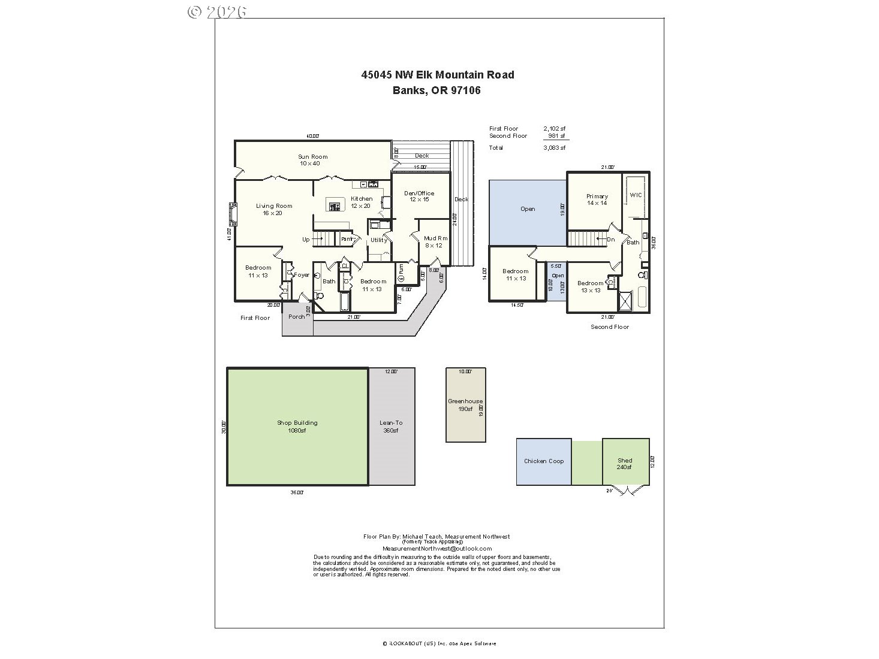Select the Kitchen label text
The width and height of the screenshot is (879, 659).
pyautogui.click(x=362, y=199)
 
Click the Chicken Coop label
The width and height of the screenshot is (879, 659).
pyautogui.click(x=544, y=461)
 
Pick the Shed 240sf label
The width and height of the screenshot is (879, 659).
pyautogui.click(x=625, y=464)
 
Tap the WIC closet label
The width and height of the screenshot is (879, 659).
pyautogui.click(x=636, y=195)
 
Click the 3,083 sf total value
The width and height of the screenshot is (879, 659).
pyautogui.click(x=554, y=147)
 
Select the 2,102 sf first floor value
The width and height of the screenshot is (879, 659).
pyautogui.click(x=554, y=129)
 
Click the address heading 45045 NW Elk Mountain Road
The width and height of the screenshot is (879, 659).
pyautogui.click(x=437, y=75)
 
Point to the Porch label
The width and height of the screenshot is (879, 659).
pyautogui.click(x=296, y=316)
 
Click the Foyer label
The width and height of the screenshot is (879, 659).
pyautogui.click(x=302, y=275)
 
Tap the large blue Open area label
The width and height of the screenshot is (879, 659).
pyautogui.click(x=528, y=209)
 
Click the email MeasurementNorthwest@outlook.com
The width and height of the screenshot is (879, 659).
pyautogui.click(x=437, y=548)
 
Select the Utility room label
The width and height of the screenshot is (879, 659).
pyautogui.click(x=378, y=240)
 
